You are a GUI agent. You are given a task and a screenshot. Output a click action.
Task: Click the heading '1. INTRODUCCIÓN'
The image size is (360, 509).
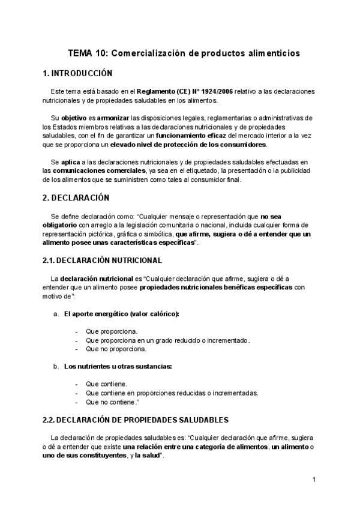tap(78, 74)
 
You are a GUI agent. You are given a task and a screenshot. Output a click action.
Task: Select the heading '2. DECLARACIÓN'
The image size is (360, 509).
tap(76, 197)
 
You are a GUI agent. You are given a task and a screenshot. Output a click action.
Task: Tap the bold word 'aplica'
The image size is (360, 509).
tap(71, 162)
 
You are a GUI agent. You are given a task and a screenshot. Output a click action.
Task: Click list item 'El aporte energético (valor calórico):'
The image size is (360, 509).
tap(122, 314)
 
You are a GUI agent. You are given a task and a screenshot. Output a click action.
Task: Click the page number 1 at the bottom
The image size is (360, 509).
tap(313, 480)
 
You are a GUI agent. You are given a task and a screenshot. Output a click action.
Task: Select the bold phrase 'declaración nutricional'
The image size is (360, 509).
tap(96, 279)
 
